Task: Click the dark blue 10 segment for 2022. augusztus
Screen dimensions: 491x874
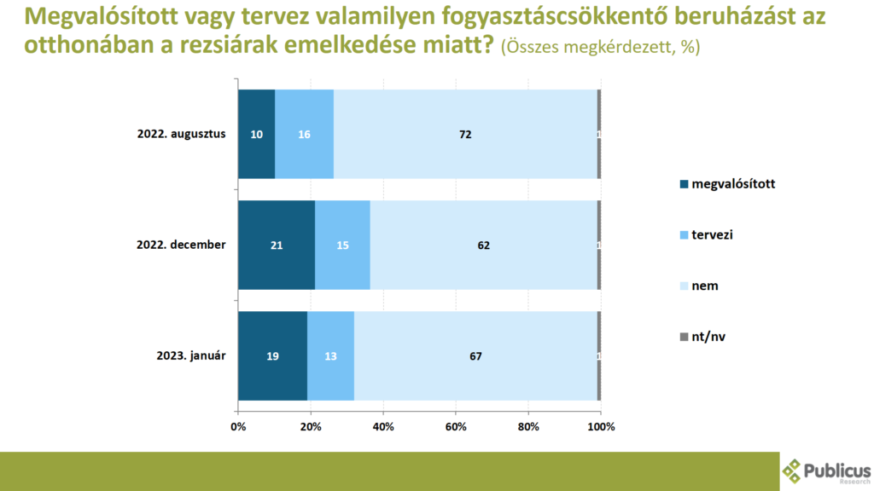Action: tap(256, 134)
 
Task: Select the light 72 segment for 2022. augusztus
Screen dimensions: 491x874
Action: tap(465, 134)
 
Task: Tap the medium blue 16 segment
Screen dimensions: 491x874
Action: tap(304, 134)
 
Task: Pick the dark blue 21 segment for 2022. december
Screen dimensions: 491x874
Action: tap(277, 245)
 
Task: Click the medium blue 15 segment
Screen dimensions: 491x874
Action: tap(342, 245)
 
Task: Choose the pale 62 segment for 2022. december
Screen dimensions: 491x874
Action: tap(484, 245)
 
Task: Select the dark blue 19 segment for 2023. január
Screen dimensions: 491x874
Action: tap(272, 355)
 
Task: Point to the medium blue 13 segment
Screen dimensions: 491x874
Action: tap(330, 355)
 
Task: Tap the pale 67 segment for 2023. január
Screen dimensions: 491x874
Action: tap(475, 355)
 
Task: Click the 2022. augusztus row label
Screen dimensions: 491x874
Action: tap(181, 134)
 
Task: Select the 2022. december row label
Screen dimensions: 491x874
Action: tap(181, 245)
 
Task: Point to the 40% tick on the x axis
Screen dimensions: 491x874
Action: tap(383, 425)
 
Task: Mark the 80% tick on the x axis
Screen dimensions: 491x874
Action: tap(528, 425)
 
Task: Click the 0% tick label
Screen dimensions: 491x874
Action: tap(238, 425)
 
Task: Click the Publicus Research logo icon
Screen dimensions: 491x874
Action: tap(794, 470)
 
